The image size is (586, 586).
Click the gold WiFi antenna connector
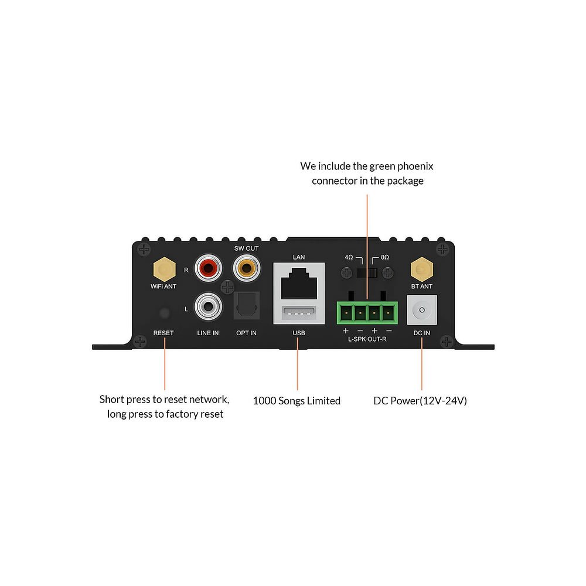click(164, 270)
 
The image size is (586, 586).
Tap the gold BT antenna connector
click(421, 270)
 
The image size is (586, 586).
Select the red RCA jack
click(209, 269)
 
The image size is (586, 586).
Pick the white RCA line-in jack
click(208, 306)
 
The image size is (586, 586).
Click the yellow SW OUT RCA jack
click(246, 269)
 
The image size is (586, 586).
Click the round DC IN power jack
click(422, 311)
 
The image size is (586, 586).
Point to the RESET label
click(163, 333)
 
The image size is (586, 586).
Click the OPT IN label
click(246, 333)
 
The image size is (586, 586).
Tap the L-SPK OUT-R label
click(367, 339)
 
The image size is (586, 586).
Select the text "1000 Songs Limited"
click(297, 401)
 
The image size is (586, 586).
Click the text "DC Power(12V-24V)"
click(420, 401)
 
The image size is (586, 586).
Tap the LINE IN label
click(207, 333)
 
